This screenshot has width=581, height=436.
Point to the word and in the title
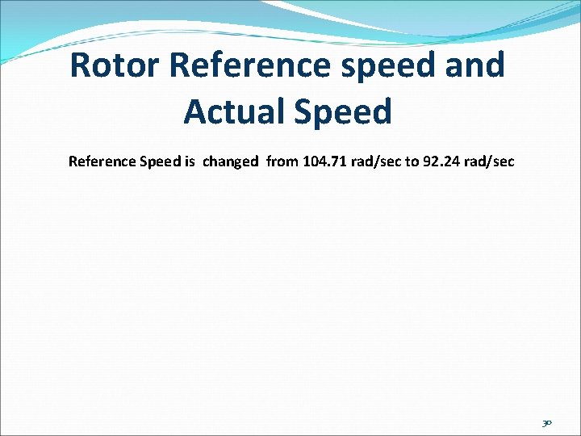click(x=472, y=65)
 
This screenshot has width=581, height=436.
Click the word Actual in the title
click(x=234, y=111)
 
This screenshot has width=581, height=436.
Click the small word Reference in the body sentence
click(x=102, y=161)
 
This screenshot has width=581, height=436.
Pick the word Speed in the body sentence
click(x=161, y=162)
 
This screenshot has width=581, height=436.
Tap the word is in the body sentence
click(x=190, y=161)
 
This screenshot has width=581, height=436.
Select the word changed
click(x=231, y=161)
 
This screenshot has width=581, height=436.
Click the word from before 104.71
click(x=282, y=161)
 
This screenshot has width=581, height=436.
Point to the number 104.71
click(x=322, y=161)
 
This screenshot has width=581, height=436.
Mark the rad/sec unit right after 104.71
click(x=374, y=161)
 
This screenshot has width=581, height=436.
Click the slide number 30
click(x=546, y=421)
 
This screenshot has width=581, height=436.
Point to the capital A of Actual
click(x=196, y=111)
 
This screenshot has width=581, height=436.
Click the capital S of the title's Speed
click(x=306, y=111)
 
